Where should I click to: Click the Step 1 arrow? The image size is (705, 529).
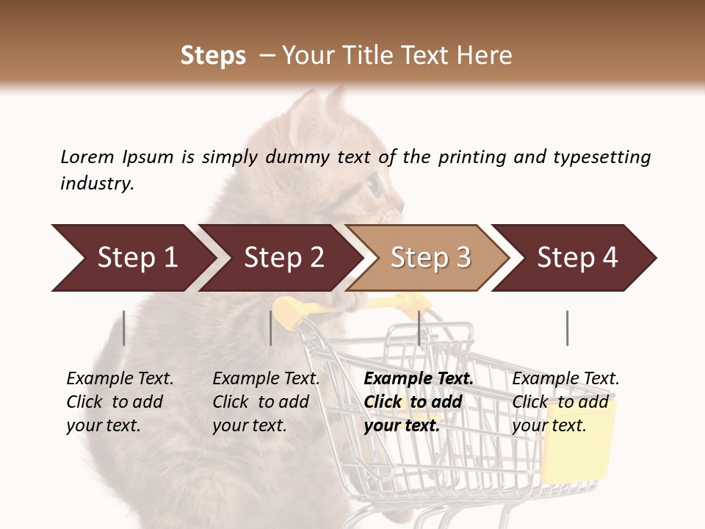point(132,258)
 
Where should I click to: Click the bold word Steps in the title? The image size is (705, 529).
point(213,56)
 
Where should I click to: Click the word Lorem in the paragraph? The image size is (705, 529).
point(87,157)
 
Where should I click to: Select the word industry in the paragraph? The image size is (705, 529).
point(97,184)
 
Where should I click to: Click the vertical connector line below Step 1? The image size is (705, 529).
point(124,328)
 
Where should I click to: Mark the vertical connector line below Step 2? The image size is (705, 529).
point(271,328)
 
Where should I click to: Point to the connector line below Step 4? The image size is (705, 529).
point(567,328)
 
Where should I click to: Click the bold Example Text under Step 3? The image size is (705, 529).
point(419,379)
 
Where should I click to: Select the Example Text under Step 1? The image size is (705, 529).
point(120,379)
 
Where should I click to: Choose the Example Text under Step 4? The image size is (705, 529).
point(565,379)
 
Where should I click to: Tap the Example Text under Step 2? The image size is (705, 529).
point(266,379)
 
